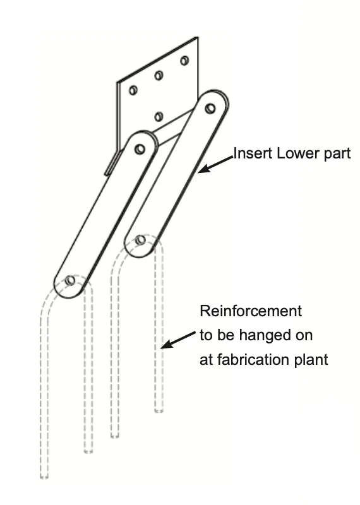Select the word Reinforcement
point(251,311)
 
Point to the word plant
point(311,360)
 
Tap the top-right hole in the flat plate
point(184,61)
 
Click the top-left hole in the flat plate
point(133,90)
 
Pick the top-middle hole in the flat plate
point(159,76)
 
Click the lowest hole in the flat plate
point(159,117)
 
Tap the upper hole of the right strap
point(210,108)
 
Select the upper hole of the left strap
point(140,149)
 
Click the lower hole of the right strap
point(140,240)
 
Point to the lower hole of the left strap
point(70,280)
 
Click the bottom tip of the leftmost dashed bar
point(44,477)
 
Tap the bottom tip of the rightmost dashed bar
point(159,410)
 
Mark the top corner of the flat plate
point(197,37)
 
